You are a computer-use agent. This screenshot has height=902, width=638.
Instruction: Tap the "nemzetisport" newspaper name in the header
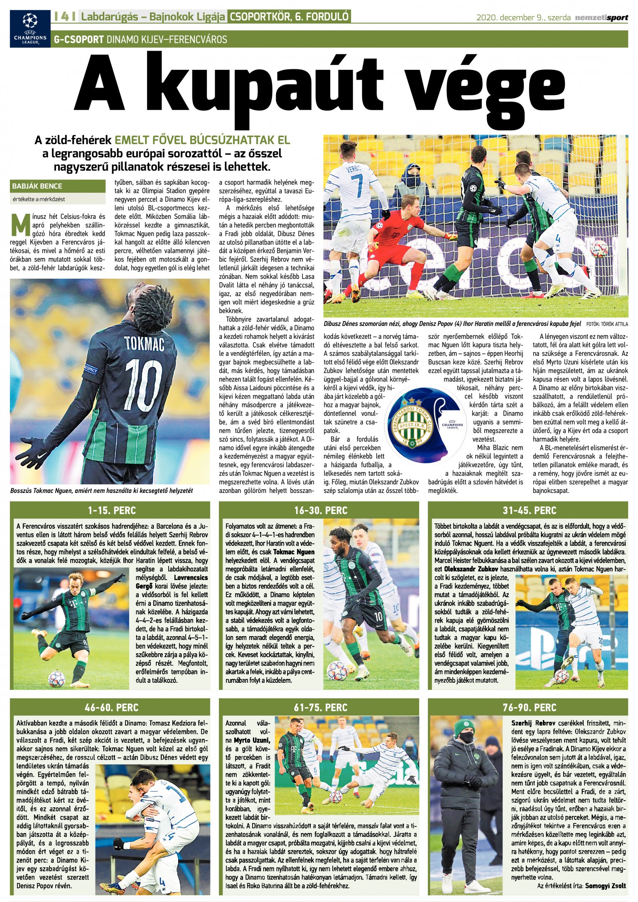pyautogui.click(x=601, y=17)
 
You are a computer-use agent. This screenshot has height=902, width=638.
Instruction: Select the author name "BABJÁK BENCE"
pyautogui.click(x=37, y=186)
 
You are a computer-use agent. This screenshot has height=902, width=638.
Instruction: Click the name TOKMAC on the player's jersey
pyautogui.click(x=144, y=343)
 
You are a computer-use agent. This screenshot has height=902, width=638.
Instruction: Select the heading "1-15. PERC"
pyautogui.click(x=112, y=510)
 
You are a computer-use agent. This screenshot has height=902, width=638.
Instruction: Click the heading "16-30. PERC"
pyautogui.click(x=320, y=510)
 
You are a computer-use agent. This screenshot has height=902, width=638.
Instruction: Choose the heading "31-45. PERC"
pyautogui.click(x=529, y=510)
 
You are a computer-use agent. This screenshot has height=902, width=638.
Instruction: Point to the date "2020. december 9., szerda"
pyautogui.click(x=523, y=17)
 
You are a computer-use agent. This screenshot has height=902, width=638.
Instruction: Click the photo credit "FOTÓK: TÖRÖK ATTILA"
pyautogui.click(x=607, y=324)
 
